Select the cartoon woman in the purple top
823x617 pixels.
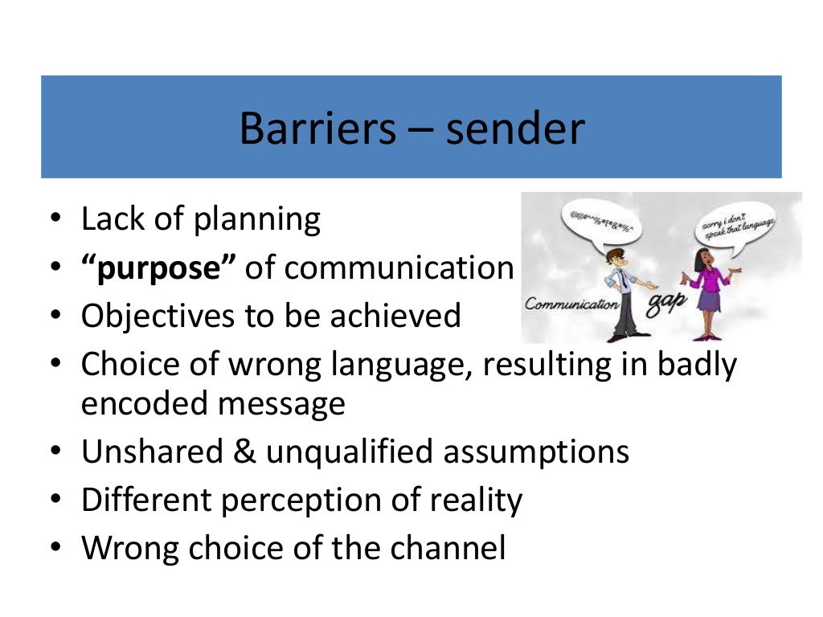[706, 289]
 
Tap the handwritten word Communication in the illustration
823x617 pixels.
[571, 304]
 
